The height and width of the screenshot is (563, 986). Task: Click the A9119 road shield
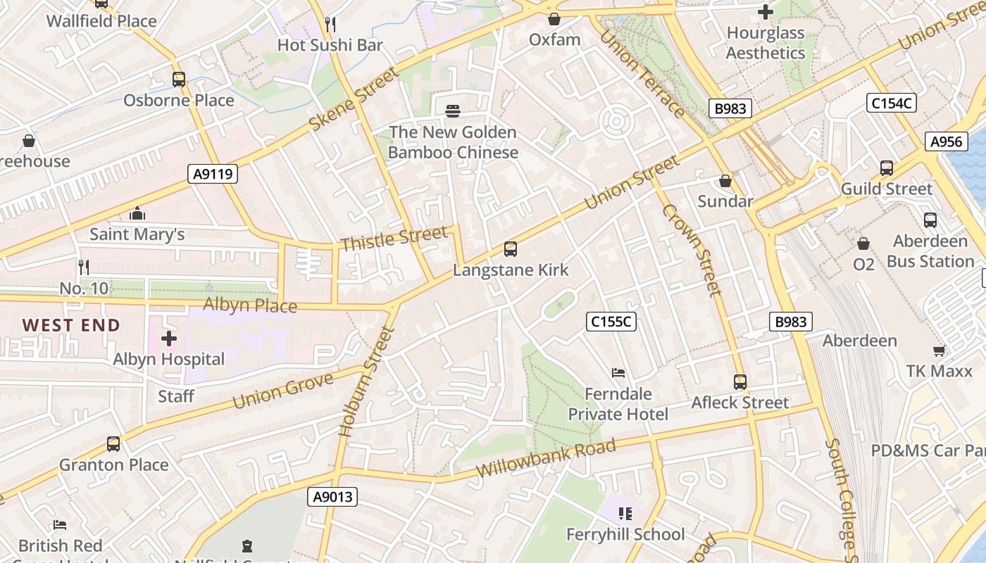click(x=213, y=174)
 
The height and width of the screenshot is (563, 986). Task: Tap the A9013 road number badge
click(x=333, y=498)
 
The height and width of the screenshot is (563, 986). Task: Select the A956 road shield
click(x=946, y=141)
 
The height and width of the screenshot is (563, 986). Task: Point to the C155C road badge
click(x=611, y=322)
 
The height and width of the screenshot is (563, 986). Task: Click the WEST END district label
click(x=71, y=325)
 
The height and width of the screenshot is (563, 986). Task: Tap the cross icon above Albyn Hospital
click(x=169, y=339)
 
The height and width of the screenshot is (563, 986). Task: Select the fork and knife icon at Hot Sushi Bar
click(x=330, y=25)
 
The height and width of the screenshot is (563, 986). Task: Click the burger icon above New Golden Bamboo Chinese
click(x=453, y=110)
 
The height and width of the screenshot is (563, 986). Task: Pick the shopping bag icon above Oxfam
click(x=554, y=19)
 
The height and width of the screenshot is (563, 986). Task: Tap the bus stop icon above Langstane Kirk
click(x=511, y=249)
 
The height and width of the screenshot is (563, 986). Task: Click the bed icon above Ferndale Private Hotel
click(x=618, y=372)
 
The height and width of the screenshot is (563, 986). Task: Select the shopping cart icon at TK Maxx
click(x=939, y=350)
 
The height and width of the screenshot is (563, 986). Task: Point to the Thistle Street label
click(x=394, y=238)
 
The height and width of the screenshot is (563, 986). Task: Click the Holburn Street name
click(x=366, y=382)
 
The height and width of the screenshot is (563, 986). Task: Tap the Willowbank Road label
click(x=546, y=457)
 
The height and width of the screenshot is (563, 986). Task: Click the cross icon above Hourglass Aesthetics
click(x=766, y=12)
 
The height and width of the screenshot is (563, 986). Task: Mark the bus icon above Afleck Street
click(x=740, y=382)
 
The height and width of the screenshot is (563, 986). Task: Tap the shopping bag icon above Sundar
click(x=725, y=182)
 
